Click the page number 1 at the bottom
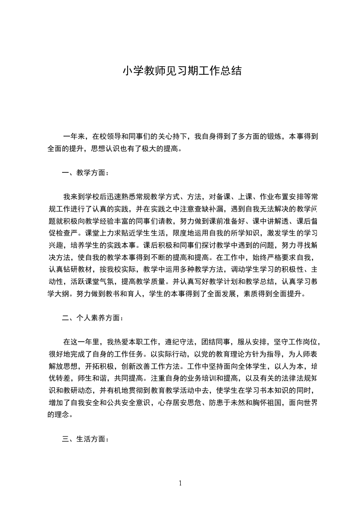180,483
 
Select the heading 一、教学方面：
85,172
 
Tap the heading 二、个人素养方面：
93,318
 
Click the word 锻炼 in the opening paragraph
275,136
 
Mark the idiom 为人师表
307,354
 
